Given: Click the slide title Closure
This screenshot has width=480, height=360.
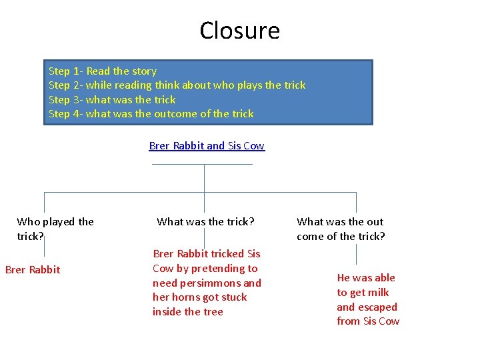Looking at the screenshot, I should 239,31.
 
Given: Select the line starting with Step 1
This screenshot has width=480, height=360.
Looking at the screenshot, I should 103,71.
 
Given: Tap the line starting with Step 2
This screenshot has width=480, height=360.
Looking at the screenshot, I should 177,85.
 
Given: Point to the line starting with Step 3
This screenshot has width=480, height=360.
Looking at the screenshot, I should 112,100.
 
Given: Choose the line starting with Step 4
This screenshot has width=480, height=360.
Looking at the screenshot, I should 151,114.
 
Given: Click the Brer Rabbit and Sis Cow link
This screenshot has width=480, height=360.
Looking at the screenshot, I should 207,146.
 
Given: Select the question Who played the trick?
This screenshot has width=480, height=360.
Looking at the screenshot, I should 55,229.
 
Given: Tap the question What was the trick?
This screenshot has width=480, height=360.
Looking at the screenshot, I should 205,221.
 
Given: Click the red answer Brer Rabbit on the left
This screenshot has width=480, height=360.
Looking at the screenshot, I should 33,270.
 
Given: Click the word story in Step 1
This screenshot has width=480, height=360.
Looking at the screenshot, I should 144,71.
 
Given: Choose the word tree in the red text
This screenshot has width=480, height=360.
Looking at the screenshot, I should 213,312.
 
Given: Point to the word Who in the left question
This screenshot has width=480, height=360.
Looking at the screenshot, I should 29,221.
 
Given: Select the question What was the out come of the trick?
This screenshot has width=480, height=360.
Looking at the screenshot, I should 341,229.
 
